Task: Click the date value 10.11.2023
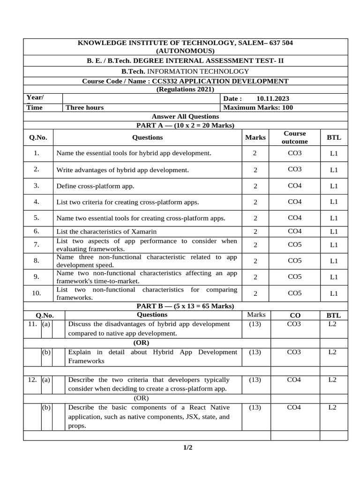pos(273,98)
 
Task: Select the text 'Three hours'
pos(85,107)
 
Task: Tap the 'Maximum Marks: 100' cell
pos(258,107)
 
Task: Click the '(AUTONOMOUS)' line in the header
pos(185,51)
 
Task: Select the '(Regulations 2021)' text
pos(185,90)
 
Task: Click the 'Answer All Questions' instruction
pos(185,116)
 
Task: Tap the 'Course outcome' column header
pos(294,137)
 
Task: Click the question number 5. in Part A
pos(37,218)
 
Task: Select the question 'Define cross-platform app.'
pos(95,186)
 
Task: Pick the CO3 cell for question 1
pos(294,153)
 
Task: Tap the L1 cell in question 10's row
pos(334,293)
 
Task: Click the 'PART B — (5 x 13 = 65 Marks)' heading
pos(185,306)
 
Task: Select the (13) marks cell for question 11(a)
pos(255,324)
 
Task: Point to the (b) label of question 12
pos(46,407)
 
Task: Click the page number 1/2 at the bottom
pos(187,448)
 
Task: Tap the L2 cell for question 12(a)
pos(332,380)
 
